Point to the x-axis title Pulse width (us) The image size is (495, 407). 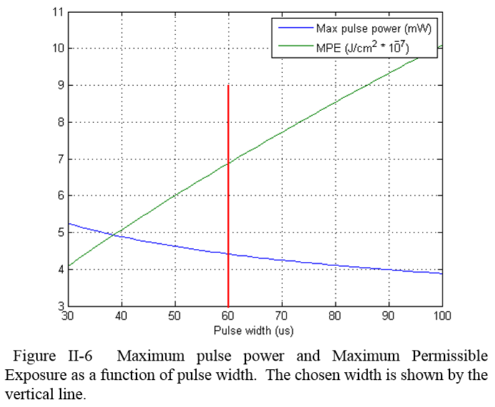256,330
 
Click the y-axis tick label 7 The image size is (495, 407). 60,159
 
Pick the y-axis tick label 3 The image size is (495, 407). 60,305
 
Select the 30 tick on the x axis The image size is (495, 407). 68,315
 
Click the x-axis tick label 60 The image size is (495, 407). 228,315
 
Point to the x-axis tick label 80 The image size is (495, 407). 335,315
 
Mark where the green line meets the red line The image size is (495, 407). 228,164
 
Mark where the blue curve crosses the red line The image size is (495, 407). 228,253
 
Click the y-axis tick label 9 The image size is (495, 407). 60,85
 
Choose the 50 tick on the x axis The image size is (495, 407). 175,315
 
